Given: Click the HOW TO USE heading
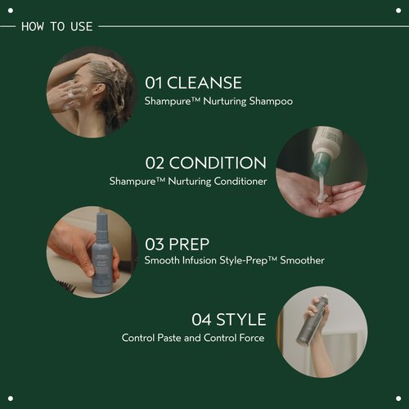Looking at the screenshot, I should pyautogui.click(x=56, y=26).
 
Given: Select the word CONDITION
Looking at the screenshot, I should pyautogui.click(x=227, y=163).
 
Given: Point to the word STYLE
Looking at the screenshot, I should pyautogui.click(x=240, y=320).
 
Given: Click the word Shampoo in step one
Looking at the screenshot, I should pyautogui.click(x=271, y=102).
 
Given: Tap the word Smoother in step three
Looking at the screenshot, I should pyautogui.click(x=302, y=261).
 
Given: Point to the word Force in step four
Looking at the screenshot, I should pyautogui.click(x=249, y=338).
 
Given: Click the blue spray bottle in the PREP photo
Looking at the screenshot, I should pyautogui.click(x=102, y=249).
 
